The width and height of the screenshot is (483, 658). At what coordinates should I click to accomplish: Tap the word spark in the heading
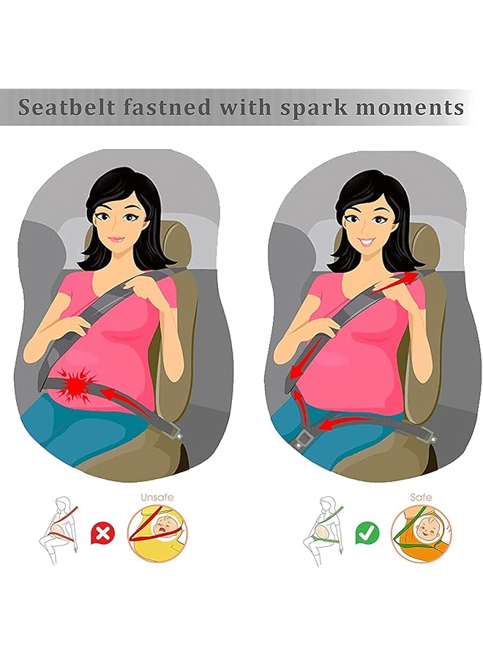click(x=312, y=107)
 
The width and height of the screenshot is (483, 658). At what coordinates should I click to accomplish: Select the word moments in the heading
click(x=414, y=107)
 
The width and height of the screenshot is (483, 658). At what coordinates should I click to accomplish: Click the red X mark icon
click(x=105, y=533)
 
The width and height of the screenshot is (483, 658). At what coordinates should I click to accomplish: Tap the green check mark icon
click(x=367, y=533)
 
